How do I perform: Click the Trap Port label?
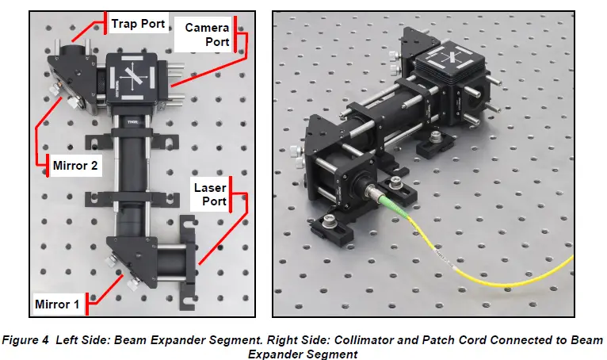click(x=138, y=24)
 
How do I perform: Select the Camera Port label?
click(x=207, y=34)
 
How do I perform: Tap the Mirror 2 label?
click(x=75, y=167)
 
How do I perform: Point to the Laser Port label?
click(x=210, y=195)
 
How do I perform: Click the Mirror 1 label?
click(x=58, y=303)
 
